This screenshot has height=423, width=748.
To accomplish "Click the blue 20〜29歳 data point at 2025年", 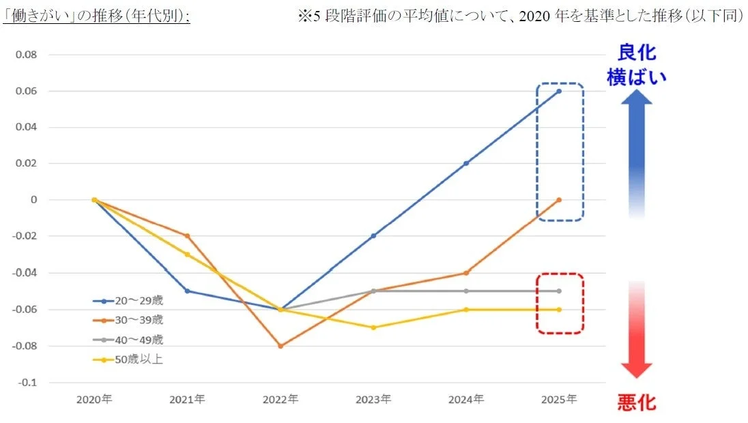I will pos(559,91).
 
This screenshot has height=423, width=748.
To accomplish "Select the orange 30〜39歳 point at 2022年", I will pos(280,346).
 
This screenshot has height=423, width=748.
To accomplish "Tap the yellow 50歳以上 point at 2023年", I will pos(373,327).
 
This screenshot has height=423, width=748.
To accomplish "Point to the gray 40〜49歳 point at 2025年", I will pos(559,291).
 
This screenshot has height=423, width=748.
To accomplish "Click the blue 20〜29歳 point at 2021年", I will pos(187,291).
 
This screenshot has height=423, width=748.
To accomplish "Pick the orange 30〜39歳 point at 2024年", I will pos(466,273).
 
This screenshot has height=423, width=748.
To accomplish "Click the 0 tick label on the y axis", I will pos(33,200).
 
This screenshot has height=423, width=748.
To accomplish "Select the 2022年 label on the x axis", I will pos(280,399).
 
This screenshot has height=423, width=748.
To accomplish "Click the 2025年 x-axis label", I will pos(559,399).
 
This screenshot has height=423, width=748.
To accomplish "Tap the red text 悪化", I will pos(636,402).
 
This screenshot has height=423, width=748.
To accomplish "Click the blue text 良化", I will pos(636,53).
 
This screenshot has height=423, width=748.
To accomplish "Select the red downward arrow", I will pos(636,328).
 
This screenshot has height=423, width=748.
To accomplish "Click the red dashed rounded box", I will pos(559,303).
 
